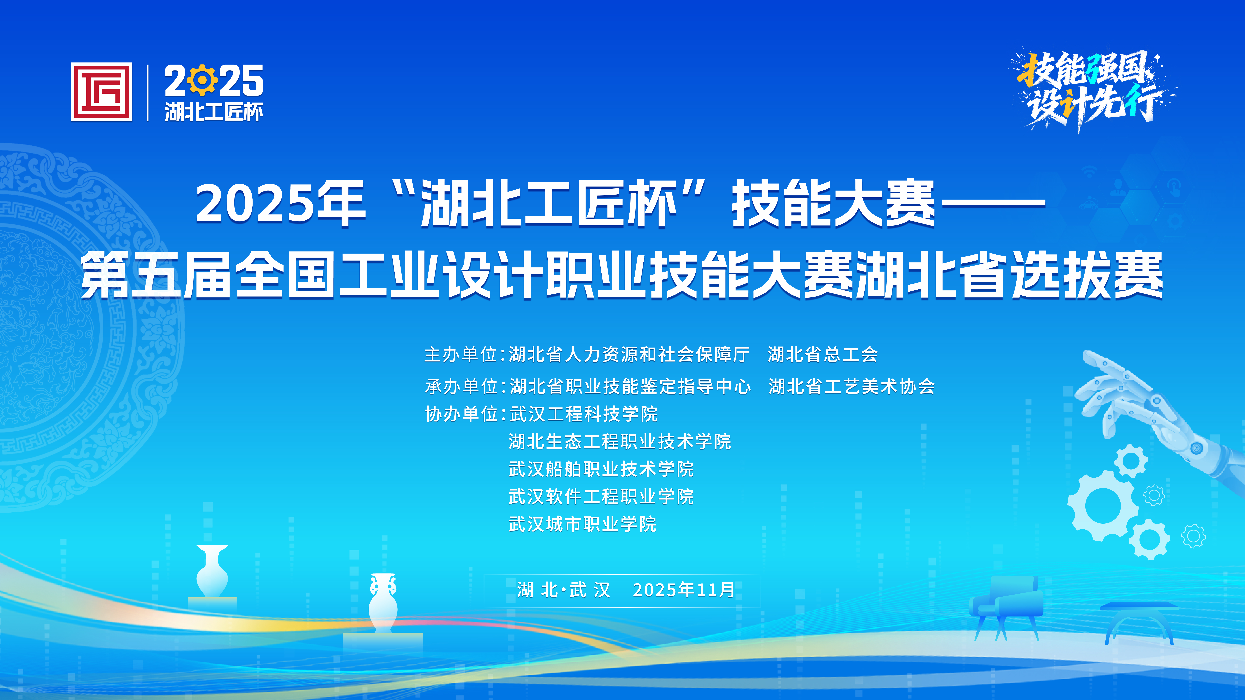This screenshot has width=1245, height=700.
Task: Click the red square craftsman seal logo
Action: [x=101, y=92]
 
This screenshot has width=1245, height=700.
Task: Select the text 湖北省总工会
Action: [x=823, y=355]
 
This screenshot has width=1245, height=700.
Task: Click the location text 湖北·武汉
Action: [x=564, y=590]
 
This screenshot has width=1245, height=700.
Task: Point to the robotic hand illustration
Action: [x=1160, y=415]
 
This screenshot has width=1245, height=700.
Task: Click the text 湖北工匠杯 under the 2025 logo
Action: [x=214, y=112]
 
